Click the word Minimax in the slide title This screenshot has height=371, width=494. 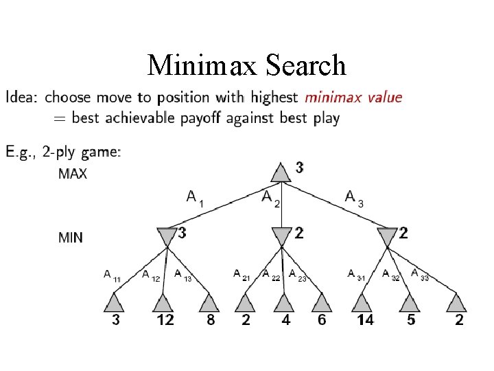pyautogui.click(x=199, y=65)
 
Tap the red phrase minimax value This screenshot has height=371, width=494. pyautogui.click(x=353, y=97)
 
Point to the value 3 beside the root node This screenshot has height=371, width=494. pyautogui.click(x=299, y=167)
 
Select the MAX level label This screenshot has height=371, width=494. pyautogui.click(x=73, y=174)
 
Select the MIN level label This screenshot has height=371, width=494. pyautogui.click(x=71, y=238)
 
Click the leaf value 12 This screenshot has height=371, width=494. pyautogui.click(x=165, y=320)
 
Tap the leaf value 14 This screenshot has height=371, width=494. pyautogui.click(x=365, y=320)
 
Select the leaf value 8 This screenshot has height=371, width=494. pyautogui.click(x=211, y=320)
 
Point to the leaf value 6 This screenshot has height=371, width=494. pyautogui.click(x=321, y=320)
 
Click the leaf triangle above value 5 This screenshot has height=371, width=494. pyautogui.click(x=410, y=302)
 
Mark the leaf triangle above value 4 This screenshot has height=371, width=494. pyautogui.click(x=283, y=302)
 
